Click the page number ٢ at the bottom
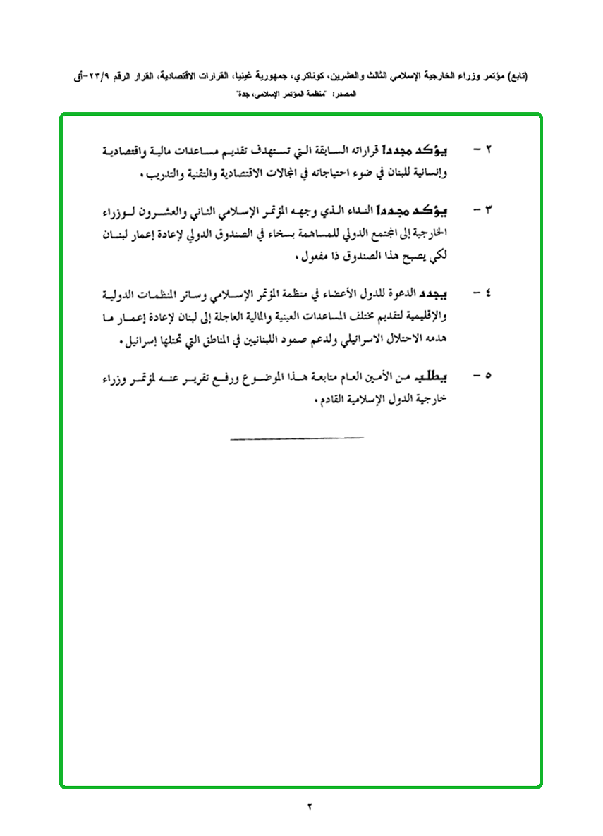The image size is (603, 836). pyautogui.click(x=309, y=806)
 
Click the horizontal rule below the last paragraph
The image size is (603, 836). pyautogui.click(x=297, y=439)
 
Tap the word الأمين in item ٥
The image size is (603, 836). pyautogui.click(x=391, y=374)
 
